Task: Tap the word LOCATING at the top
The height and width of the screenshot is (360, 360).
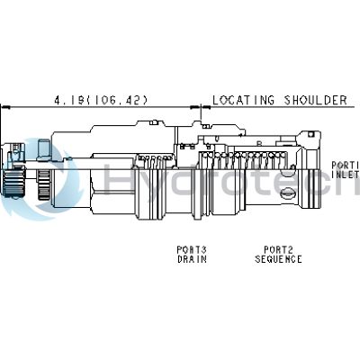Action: pyautogui.click(x=241, y=100)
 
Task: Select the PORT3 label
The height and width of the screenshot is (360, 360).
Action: pyautogui.click(x=191, y=249)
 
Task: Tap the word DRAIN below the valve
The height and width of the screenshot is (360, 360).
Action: pyautogui.click(x=191, y=259)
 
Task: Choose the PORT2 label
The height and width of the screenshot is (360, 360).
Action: pyautogui.click(x=276, y=249)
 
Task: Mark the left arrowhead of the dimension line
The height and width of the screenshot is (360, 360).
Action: pyautogui.click(x=5, y=107)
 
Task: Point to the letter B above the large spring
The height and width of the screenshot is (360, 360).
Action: pyautogui.click(x=258, y=143)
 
